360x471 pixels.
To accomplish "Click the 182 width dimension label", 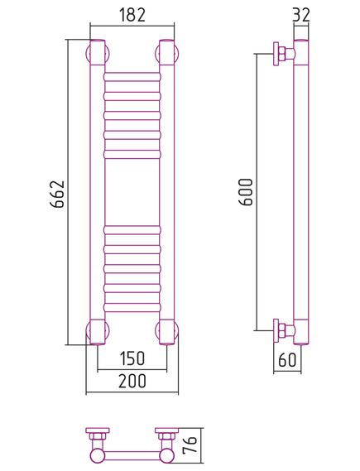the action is [132, 14].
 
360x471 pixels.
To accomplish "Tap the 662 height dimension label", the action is [57, 194].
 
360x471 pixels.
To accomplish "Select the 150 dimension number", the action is [132, 358].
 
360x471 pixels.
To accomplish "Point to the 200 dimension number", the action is [132, 381].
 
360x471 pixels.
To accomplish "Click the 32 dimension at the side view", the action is [301, 14].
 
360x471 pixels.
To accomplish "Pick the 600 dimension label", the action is [246, 192].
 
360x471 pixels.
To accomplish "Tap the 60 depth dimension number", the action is [287, 359].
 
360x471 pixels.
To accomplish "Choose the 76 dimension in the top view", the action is [190, 445].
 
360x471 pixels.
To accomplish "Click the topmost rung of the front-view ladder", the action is [132, 77].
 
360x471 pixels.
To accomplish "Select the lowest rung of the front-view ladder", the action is [132, 307].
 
